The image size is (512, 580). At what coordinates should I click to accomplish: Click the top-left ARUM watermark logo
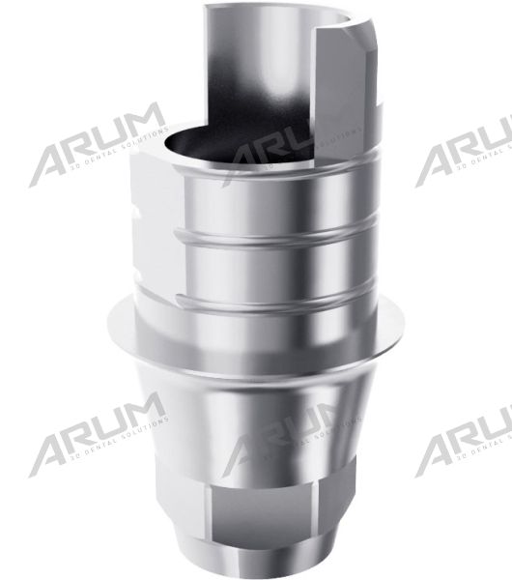[x=97, y=145]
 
